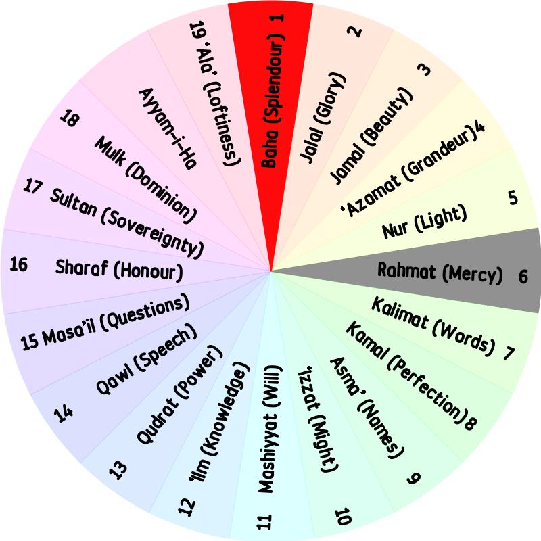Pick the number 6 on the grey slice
coord(523,276)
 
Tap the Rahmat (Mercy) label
coord(440,273)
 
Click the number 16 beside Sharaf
coord(19,264)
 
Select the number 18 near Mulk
coord(69,120)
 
